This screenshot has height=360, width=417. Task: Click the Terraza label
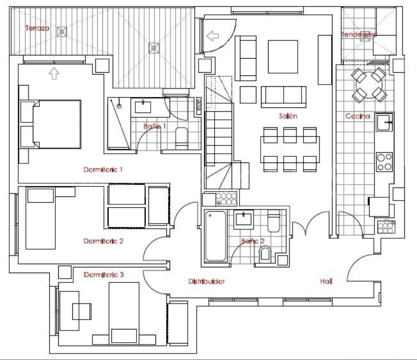coord(37,28)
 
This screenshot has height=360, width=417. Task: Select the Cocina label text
coord(357,116)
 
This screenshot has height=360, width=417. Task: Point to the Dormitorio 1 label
coord(103,169)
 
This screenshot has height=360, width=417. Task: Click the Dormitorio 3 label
coord(103,274)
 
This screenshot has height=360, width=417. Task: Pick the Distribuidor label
coord(207,282)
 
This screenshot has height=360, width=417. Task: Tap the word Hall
coord(326,282)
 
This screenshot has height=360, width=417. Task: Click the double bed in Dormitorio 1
coord(57,124)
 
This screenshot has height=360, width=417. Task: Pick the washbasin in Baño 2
coord(242,219)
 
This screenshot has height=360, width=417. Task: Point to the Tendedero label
coord(359,34)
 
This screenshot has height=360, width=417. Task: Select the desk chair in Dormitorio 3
coord(82,311)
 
